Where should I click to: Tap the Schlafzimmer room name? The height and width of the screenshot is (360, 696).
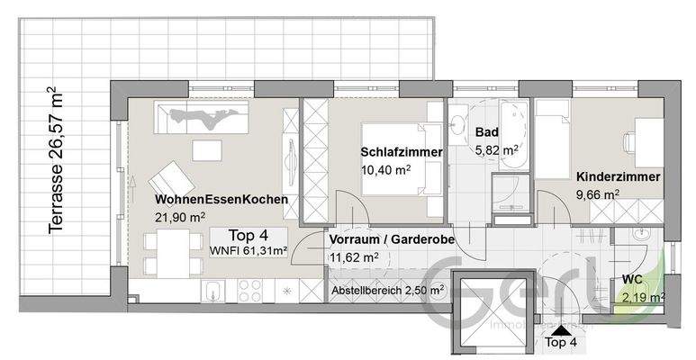402,153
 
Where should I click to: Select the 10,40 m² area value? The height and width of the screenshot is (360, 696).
386,169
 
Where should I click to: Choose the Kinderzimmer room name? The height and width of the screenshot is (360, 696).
618,177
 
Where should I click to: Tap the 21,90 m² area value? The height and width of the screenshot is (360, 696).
180,216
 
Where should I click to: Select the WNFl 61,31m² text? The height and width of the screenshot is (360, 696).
249,250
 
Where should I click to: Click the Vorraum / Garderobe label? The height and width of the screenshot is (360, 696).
391,240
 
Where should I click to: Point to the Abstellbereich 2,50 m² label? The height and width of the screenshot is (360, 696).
387,290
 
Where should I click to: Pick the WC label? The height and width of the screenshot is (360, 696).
632,280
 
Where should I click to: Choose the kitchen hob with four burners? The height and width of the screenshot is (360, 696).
249,291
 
